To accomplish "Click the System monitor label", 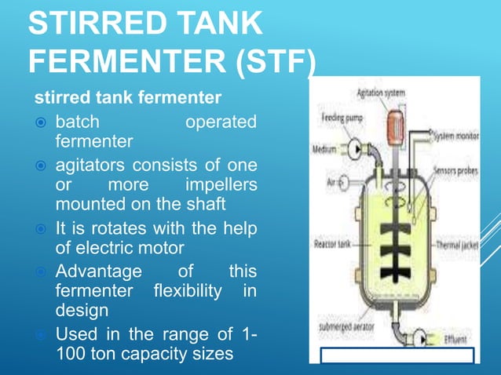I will (456, 136).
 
